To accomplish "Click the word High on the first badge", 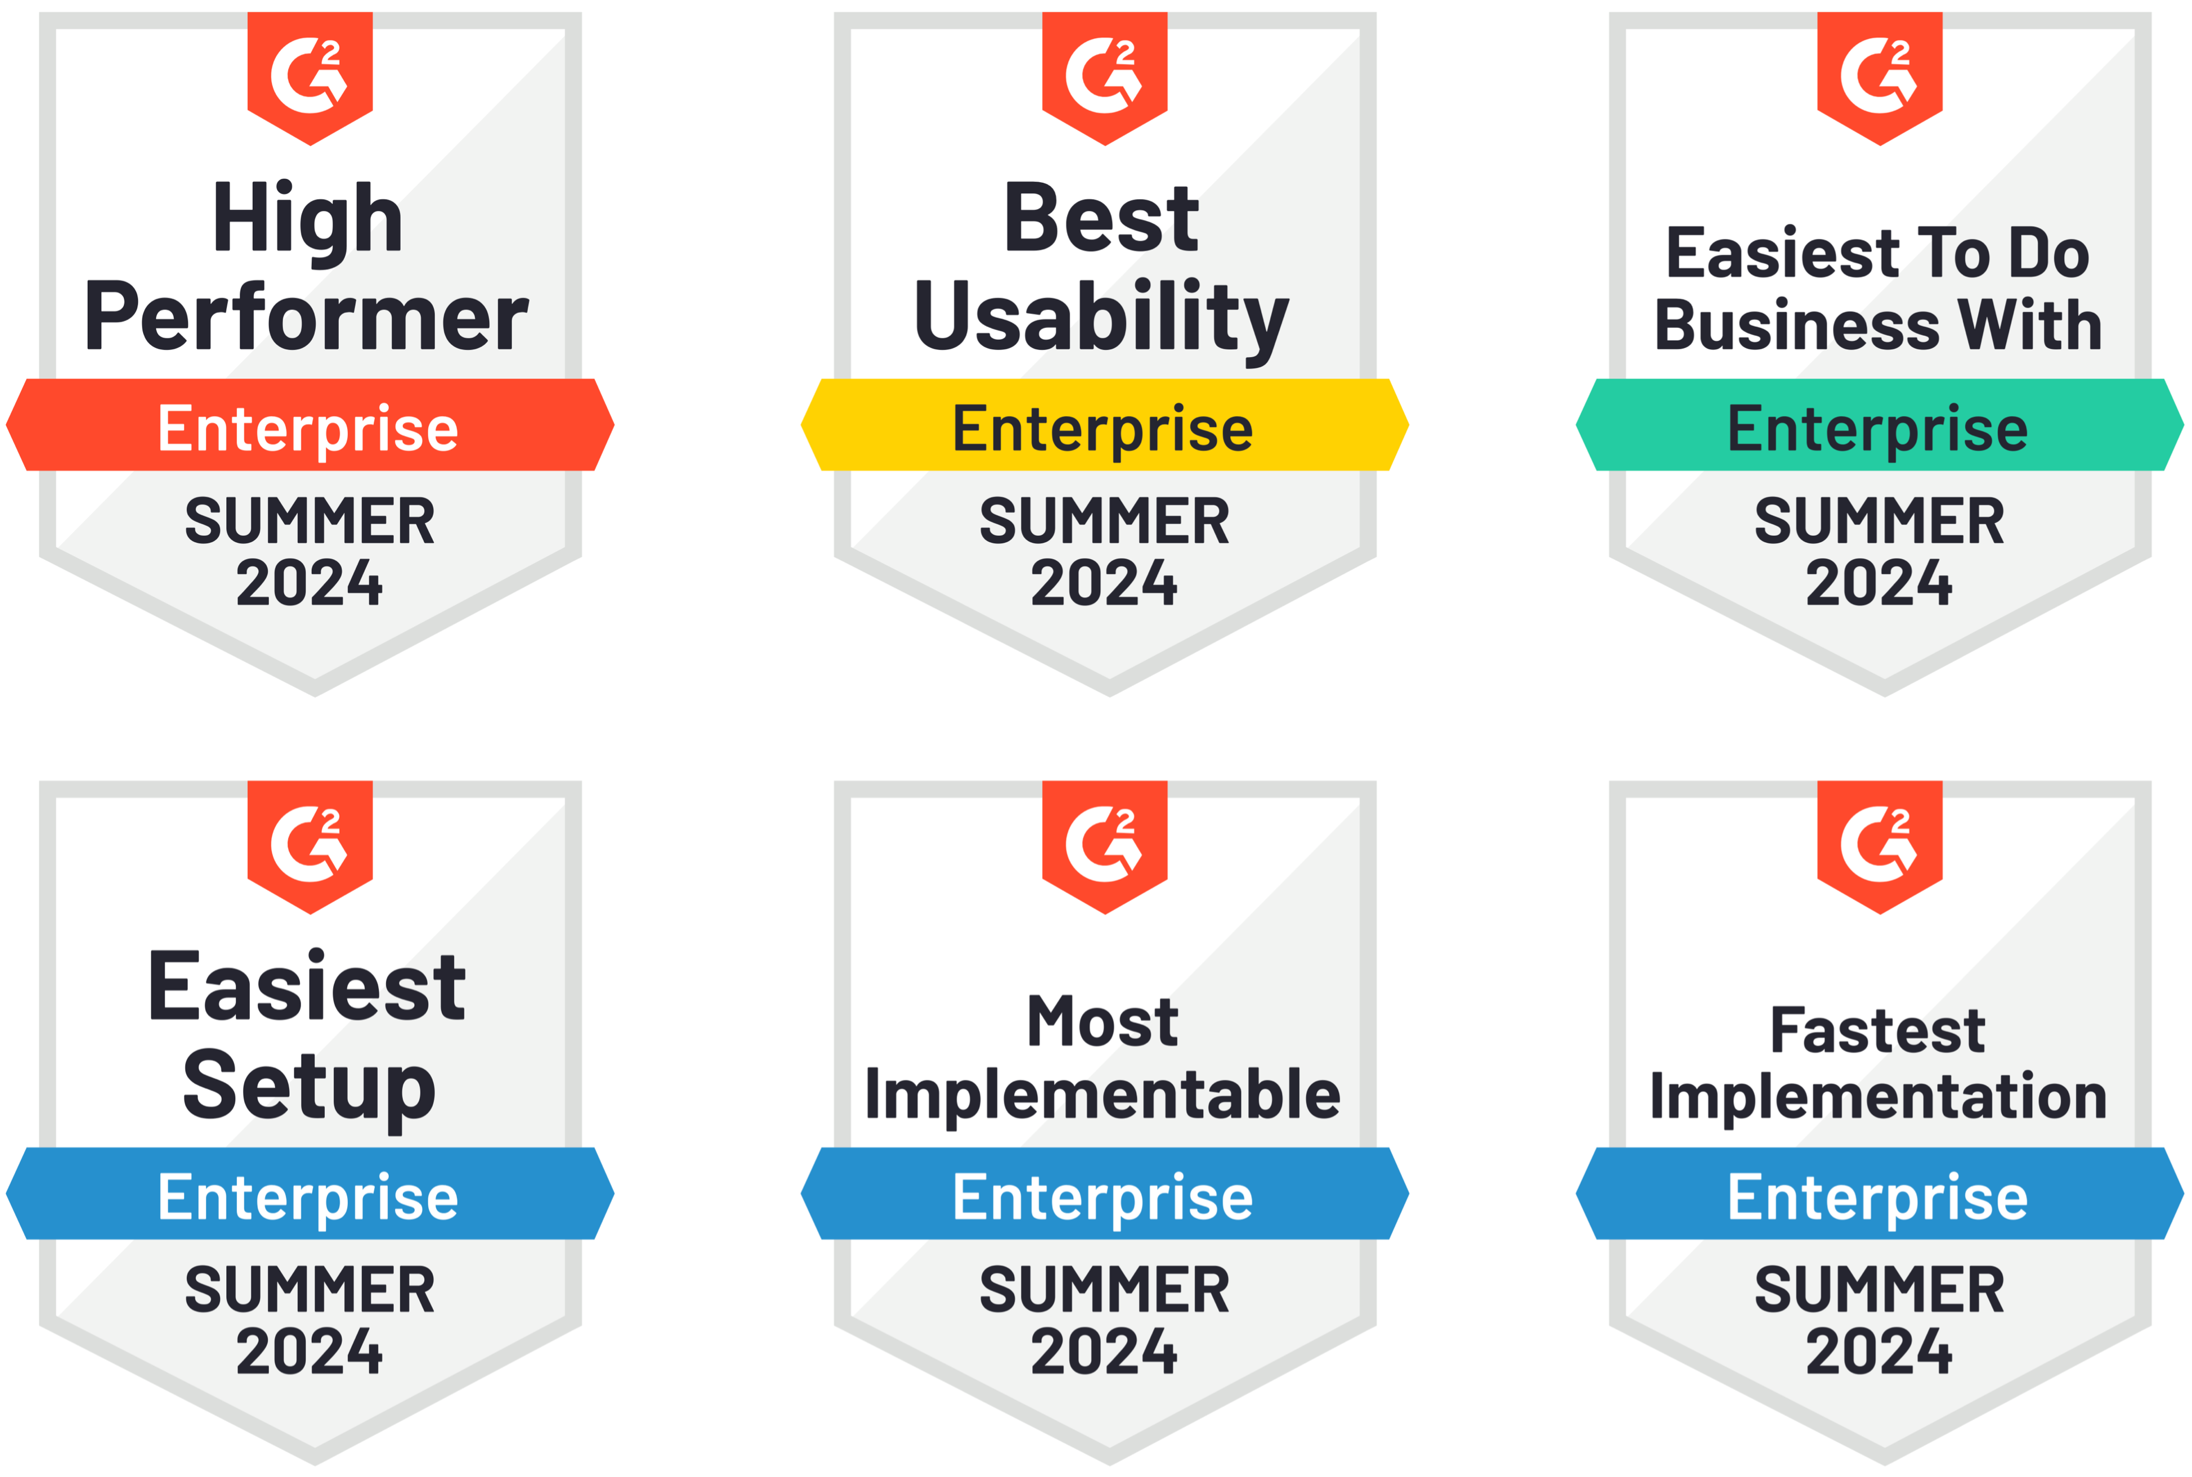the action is (x=308, y=219).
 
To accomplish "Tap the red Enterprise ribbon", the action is (x=310, y=425).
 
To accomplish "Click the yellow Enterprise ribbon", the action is (x=1105, y=425).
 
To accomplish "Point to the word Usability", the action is (x=1102, y=319).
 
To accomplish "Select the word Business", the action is (x=1796, y=325).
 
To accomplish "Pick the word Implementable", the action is (x=1102, y=1096).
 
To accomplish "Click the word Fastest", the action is (x=1878, y=1030).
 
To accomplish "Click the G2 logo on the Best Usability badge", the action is (x=1105, y=76).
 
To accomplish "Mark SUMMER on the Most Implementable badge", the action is (x=1105, y=1290).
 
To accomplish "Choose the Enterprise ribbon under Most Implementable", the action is (x=1105, y=1194).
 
